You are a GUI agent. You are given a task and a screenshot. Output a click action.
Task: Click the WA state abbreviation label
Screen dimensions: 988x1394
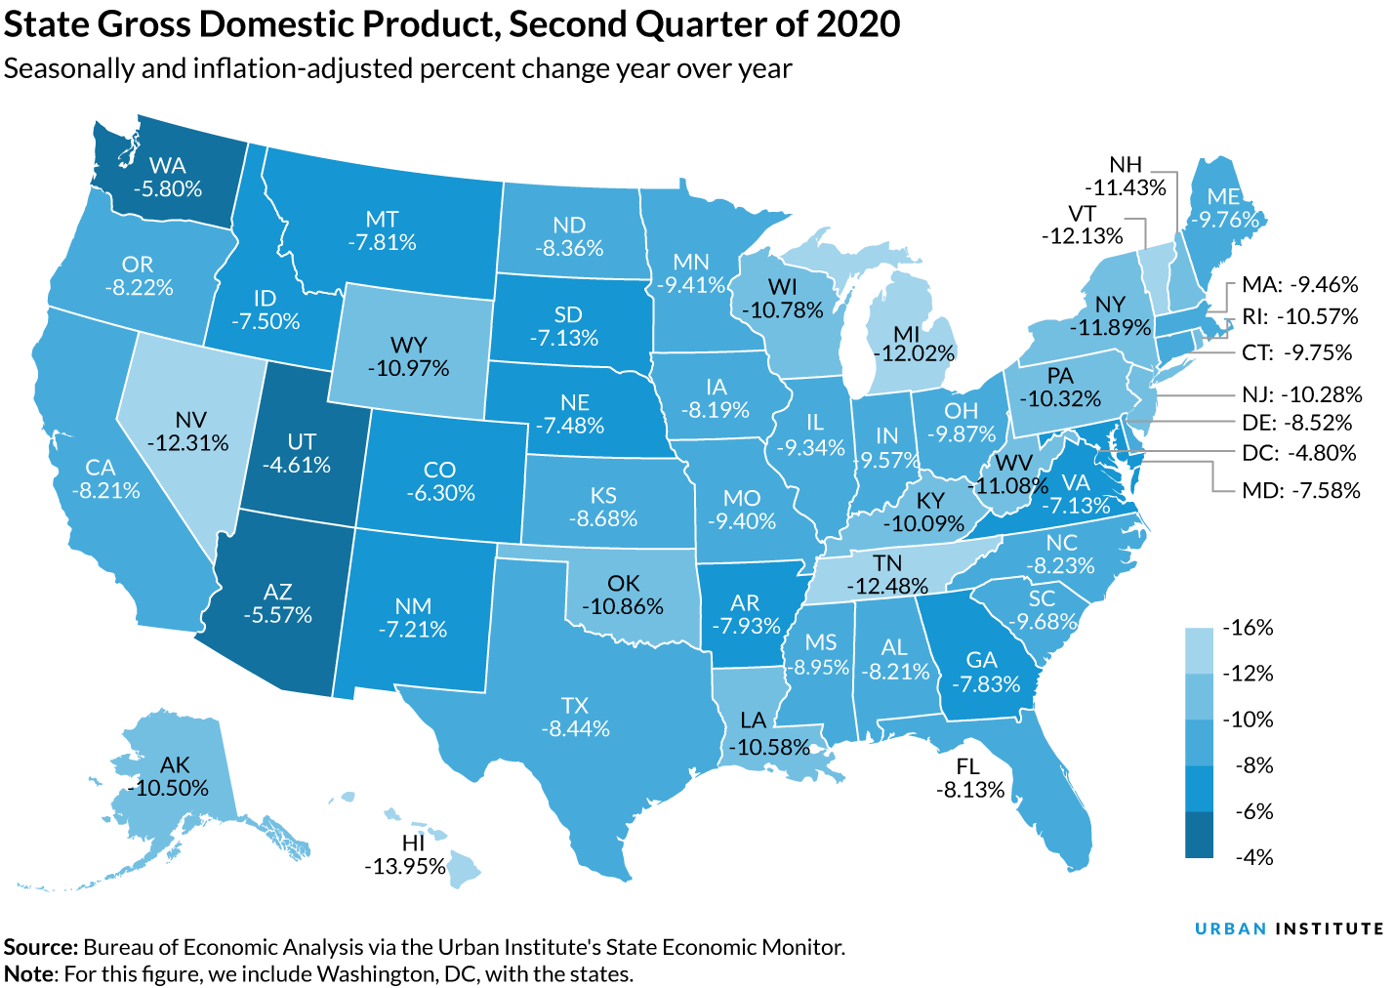(167, 165)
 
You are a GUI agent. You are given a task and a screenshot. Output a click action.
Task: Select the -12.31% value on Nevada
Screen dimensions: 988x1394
(187, 443)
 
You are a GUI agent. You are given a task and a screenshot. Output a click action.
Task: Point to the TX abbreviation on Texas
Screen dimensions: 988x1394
(575, 705)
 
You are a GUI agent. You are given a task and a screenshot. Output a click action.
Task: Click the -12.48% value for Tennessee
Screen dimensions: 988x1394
(886, 586)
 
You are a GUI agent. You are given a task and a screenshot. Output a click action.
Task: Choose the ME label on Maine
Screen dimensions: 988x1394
(1223, 196)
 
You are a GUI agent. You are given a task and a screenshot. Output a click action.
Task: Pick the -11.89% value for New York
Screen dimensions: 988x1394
(1110, 327)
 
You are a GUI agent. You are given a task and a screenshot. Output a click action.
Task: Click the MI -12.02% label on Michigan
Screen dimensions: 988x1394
(912, 344)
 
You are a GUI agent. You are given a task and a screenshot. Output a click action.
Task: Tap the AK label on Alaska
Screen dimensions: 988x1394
(175, 764)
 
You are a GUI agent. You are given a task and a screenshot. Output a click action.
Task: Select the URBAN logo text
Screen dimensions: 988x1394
(1230, 929)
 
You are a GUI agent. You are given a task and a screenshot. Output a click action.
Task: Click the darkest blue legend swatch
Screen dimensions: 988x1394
(1199, 836)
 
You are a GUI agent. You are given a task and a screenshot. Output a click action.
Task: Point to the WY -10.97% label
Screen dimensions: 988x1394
(408, 356)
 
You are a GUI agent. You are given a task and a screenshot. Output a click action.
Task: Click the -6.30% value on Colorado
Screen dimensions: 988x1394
(440, 493)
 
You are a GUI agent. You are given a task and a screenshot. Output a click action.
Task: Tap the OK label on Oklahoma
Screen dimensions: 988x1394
(623, 583)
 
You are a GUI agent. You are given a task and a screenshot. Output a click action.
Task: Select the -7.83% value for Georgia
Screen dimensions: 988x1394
(985, 683)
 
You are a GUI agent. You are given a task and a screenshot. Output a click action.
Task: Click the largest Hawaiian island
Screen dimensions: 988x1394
(465, 867)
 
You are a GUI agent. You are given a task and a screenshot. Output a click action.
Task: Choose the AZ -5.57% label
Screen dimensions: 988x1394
(277, 603)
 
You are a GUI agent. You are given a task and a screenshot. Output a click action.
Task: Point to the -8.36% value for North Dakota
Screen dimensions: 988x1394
(569, 248)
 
